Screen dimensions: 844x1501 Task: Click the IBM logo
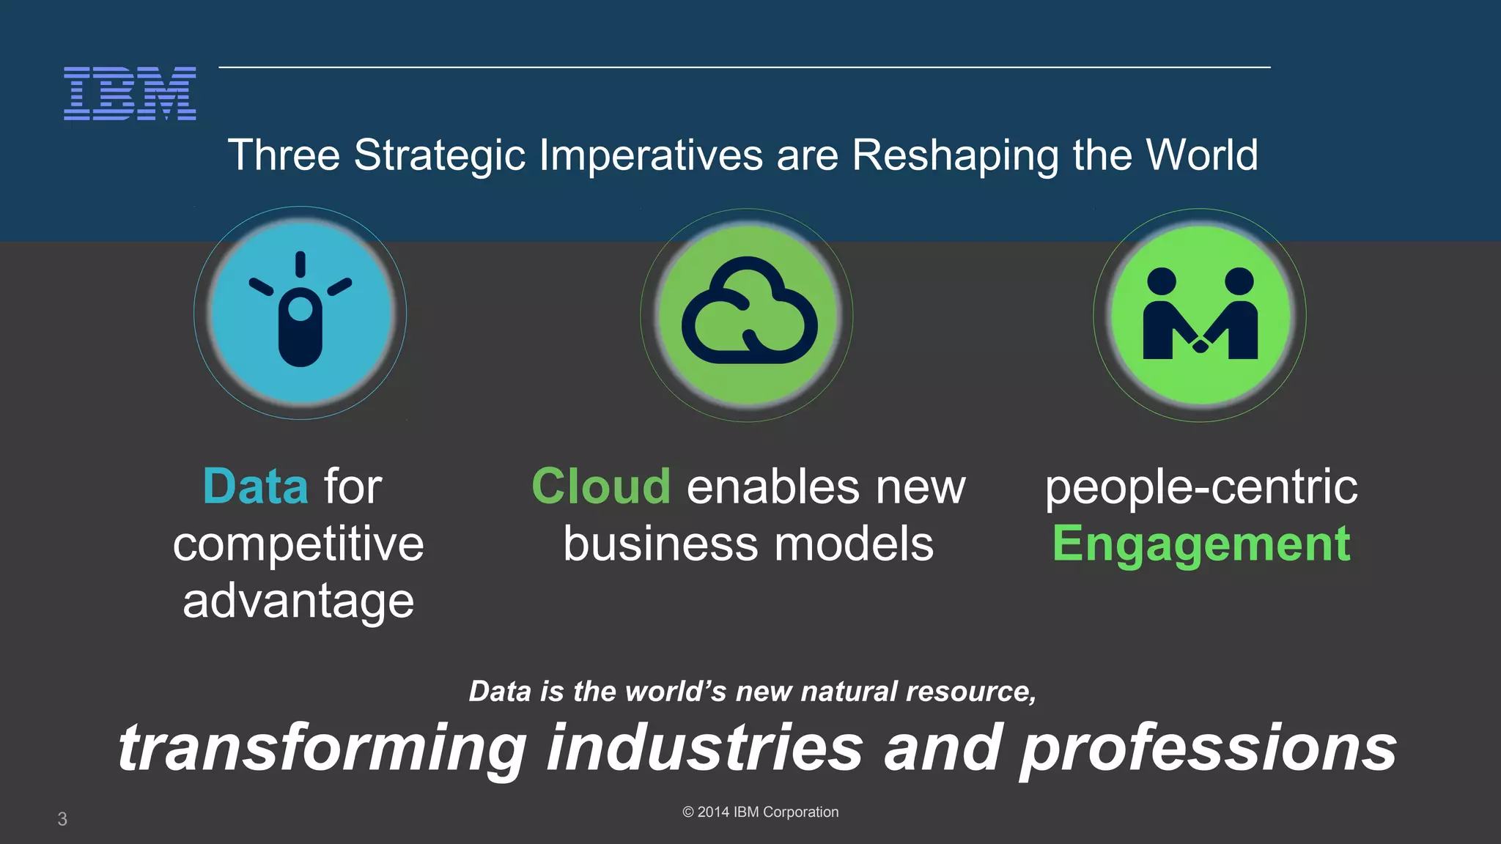pyautogui.click(x=130, y=93)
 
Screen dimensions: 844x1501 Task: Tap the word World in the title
pyautogui.click(x=1201, y=155)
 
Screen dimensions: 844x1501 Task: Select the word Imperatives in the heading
pyautogui.click(x=651, y=155)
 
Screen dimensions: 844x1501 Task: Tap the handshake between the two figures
pyautogui.click(x=1201, y=344)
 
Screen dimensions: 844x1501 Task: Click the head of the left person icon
pyautogui.click(x=1162, y=281)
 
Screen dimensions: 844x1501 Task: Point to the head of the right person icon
pyautogui.click(x=1239, y=281)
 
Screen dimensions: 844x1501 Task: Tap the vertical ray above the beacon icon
pyautogui.click(x=300, y=264)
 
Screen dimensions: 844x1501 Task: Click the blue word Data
pyautogui.click(x=255, y=486)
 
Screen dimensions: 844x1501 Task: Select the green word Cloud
pyautogui.click(x=600, y=486)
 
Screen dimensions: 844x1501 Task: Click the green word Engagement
pyautogui.click(x=1201, y=544)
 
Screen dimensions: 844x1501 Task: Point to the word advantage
pyautogui.click(x=298, y=601)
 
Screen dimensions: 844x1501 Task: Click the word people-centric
pyautogui.click(x=1201, y=486)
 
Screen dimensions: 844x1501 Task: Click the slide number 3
pyautogui.click(x=62, y=819)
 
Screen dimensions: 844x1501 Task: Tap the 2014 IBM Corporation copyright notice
pyautogui.click(x=760, y=812)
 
